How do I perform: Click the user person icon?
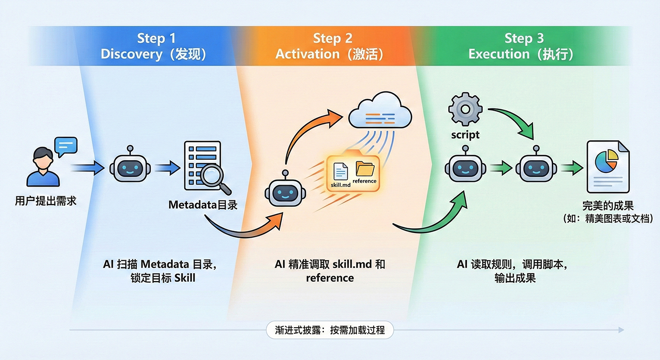43,167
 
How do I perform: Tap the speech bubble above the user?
65,146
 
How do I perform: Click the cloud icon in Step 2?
380,112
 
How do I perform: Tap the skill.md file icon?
340,172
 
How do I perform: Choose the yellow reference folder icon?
365,168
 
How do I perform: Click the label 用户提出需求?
45,202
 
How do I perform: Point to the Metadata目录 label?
203,205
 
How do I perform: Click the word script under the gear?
465,135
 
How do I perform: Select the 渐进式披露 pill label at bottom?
330,330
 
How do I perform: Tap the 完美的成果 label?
607,206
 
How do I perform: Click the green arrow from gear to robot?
516,120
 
